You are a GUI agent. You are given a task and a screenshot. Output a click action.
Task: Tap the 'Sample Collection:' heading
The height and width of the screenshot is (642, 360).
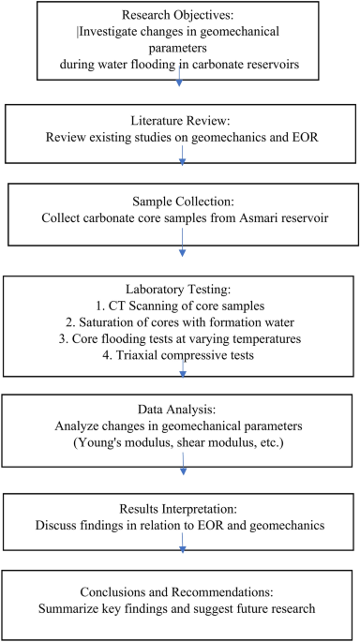click(x=180, y=202)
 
